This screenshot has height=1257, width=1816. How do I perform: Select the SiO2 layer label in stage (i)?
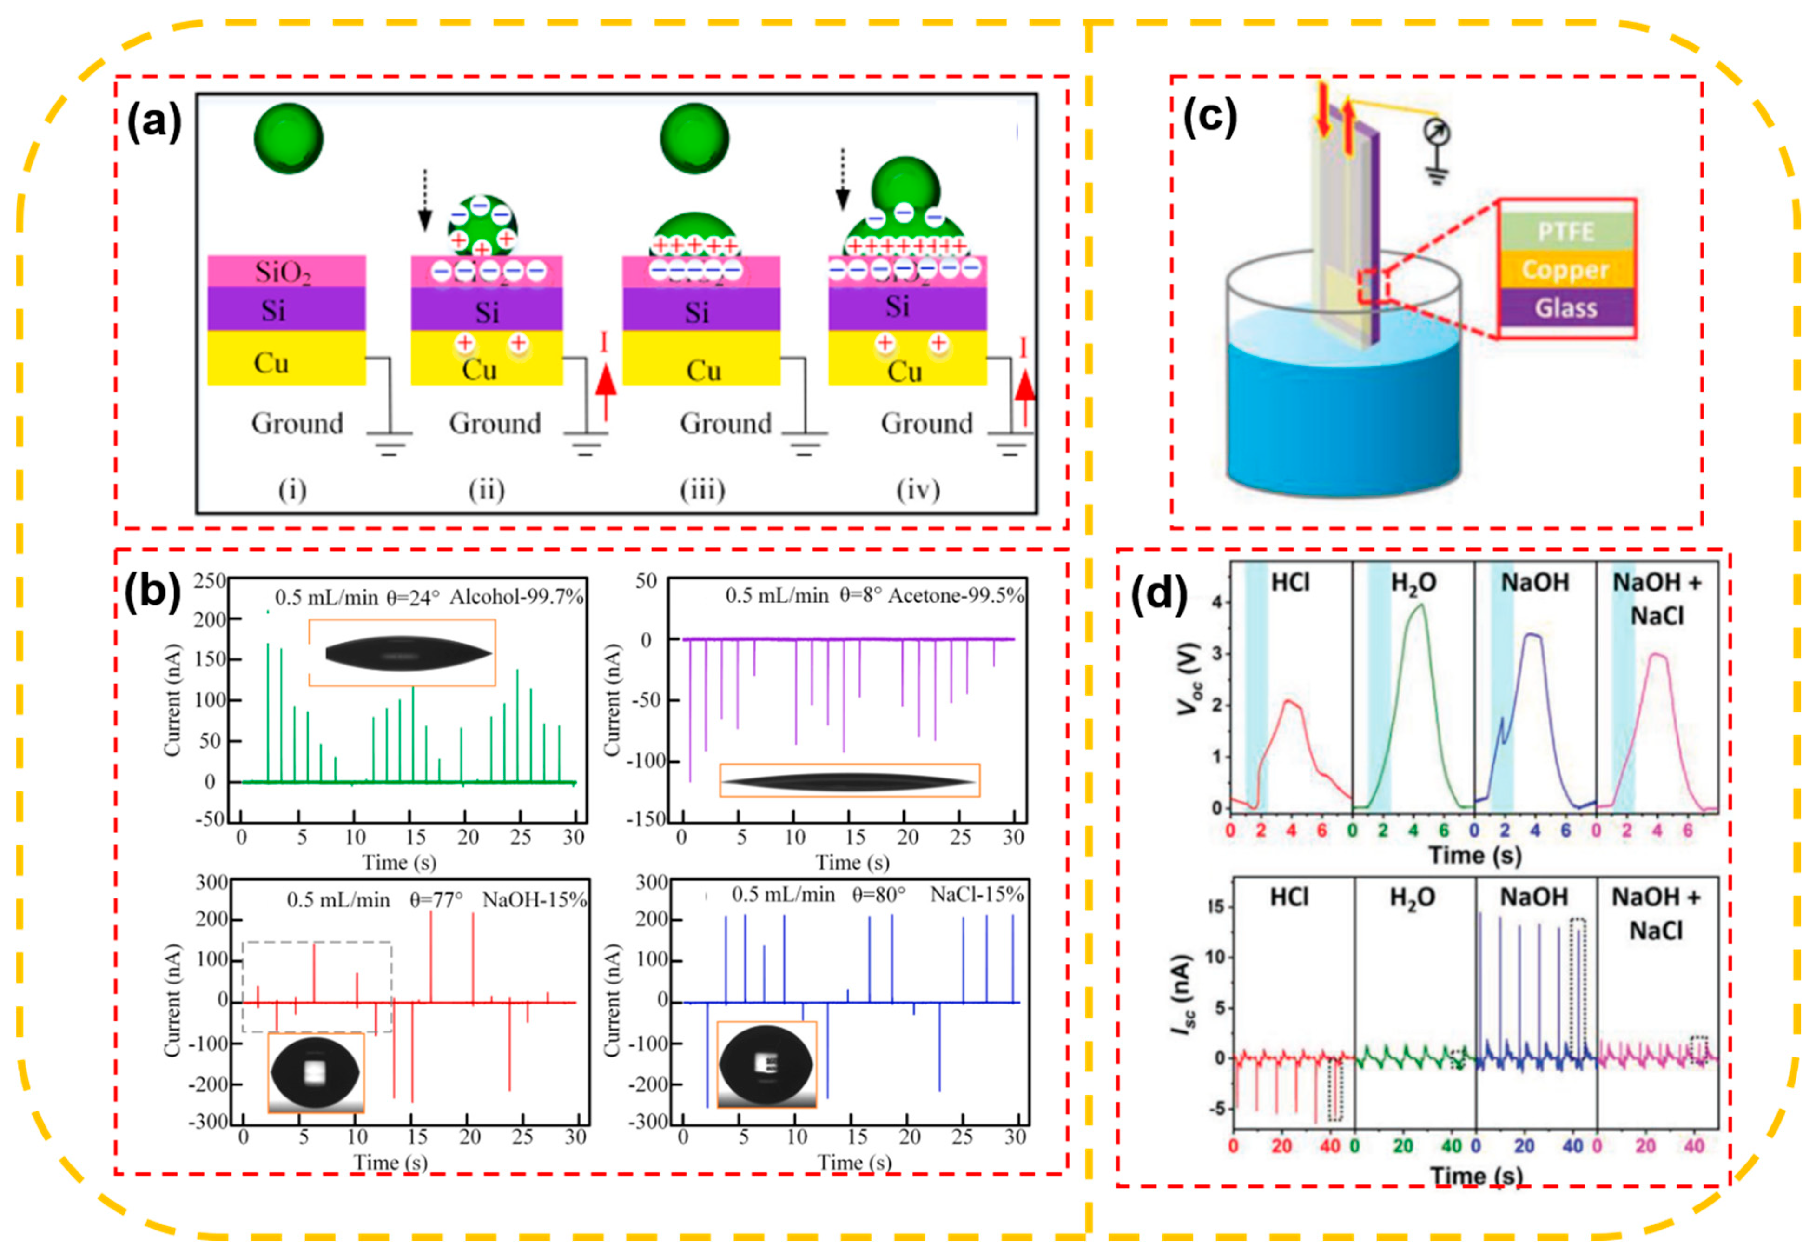point(284,272)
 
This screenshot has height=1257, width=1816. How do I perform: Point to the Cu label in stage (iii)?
point(703,370)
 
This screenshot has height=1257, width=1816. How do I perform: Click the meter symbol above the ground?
point(1437,133)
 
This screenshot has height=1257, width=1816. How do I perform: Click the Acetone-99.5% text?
point(956,595)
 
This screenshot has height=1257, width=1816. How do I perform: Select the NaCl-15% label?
point(976,895)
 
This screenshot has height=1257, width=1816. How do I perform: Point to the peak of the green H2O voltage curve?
point(1419,605)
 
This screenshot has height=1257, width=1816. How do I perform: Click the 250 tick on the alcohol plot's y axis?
point(210,581)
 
